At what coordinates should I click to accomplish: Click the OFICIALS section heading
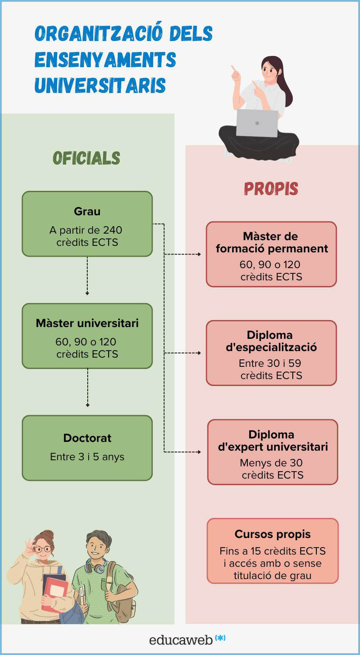86,158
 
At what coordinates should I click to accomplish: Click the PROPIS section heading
271,189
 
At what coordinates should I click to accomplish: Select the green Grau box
87,224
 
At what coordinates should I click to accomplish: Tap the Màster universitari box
87,336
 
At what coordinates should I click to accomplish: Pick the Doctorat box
87,448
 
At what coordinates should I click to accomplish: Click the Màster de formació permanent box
271,254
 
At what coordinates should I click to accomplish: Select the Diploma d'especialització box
271,353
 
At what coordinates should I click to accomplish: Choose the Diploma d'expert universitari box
272,452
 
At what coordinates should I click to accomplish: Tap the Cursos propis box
272,551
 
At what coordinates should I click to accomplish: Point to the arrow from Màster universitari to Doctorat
87,388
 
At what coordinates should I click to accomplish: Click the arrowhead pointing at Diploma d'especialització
199,353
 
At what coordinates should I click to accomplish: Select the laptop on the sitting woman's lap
257,123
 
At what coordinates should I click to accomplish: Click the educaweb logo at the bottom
187,639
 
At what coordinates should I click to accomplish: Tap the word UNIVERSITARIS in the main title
100,86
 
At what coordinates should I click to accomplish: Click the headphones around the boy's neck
96,566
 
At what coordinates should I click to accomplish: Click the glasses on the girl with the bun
42,549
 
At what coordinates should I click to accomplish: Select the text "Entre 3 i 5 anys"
87,457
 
